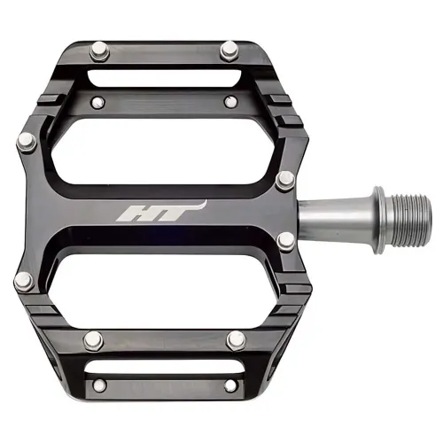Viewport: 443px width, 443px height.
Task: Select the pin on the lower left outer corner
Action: (x=22, y=281)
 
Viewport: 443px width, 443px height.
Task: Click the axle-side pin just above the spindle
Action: (x=285, y=180)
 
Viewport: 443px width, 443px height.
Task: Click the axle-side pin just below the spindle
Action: (x=285, y=240)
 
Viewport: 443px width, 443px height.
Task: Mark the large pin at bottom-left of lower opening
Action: (x=92, y=339)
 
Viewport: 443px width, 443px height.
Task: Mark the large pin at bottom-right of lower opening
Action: (x=235, y=339)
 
